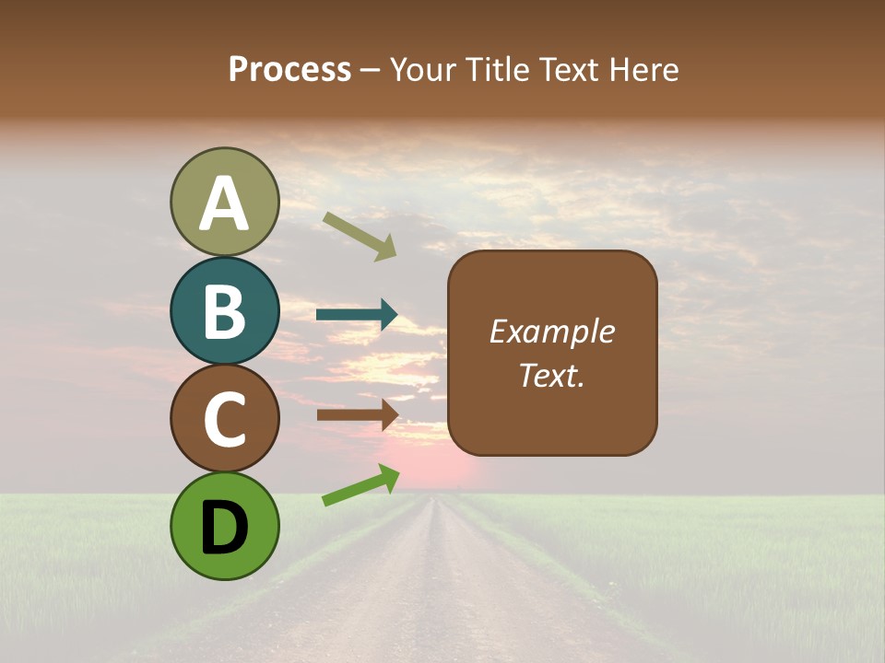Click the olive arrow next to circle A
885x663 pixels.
pos(360,236)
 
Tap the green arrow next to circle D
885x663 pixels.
pos(360,485)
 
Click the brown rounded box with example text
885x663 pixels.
pos(552,353)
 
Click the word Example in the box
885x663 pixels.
pos(552,331)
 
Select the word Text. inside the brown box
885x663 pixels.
pos(552,375)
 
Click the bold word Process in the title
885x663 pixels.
pos(289,69)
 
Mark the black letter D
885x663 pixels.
pos(225,528)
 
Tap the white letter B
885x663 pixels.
pos(225,311)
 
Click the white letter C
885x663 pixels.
pos(225,420)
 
